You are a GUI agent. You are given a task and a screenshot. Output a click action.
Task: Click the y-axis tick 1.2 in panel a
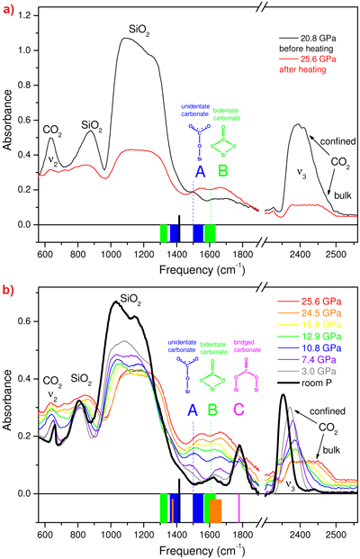[27, 16]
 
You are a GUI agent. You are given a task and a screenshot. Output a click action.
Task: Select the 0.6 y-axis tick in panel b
[27, 320]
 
